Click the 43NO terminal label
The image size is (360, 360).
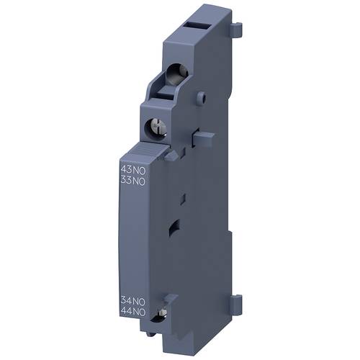[x=132, y=170]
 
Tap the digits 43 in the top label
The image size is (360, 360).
[x=125, y=170]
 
